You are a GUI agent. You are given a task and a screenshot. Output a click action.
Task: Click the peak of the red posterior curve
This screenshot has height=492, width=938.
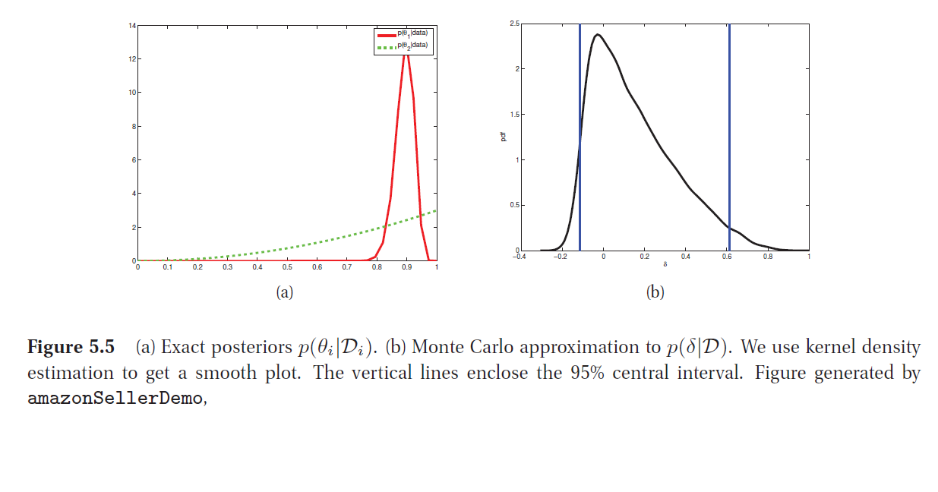tap(407, 52)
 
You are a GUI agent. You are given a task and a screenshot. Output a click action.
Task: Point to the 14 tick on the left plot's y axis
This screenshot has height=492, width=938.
tap(132, 26)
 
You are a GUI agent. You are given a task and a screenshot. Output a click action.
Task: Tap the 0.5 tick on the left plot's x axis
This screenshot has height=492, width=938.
tap(287, 267)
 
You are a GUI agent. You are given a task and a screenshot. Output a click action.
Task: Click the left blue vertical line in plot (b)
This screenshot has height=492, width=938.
tap(580, 137)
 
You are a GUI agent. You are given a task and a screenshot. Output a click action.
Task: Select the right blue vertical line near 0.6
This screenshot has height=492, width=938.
tap(729, 137)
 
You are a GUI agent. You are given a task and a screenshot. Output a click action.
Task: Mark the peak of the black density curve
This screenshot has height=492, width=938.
tap(598, 34)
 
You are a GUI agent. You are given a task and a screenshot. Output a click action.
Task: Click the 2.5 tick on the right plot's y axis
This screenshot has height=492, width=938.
tap(514, 24)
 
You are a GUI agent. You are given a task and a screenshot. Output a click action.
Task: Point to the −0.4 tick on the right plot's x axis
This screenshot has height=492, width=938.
tap(520, 257)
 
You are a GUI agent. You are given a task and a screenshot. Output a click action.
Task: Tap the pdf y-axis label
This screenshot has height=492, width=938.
tap(502, 138)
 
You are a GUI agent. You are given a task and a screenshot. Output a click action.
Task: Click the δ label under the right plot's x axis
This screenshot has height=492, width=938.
tap(665, 264)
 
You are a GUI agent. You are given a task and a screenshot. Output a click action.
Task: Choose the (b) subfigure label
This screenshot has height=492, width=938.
tap(655, 292)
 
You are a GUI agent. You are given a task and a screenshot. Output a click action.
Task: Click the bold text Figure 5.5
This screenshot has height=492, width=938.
tap(71, 348)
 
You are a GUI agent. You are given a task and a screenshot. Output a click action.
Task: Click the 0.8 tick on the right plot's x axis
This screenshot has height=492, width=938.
tap(767, 257)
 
